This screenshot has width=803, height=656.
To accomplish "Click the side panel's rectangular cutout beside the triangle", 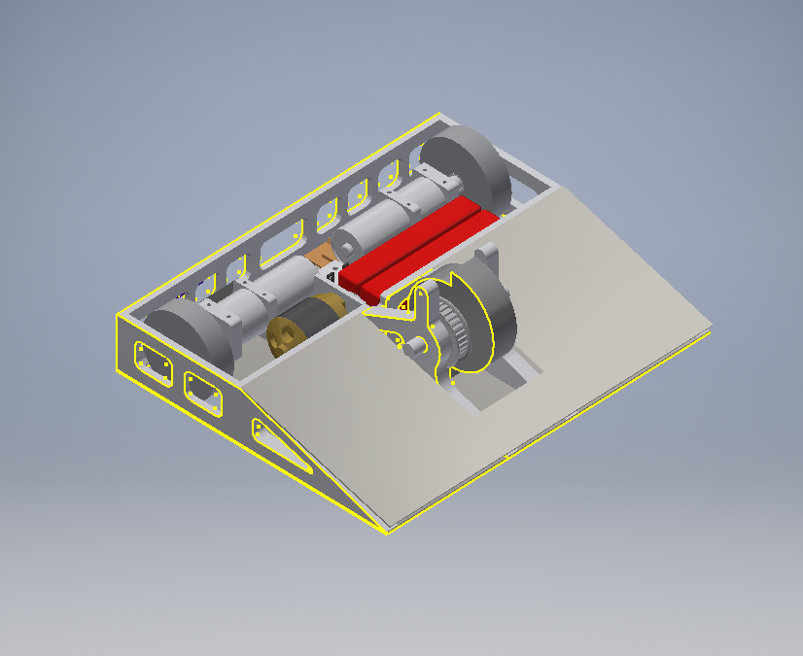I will pyautogui.click(x=204, y=391).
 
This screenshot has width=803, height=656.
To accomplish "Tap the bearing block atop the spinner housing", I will pyautogui.click(x=487, y=258).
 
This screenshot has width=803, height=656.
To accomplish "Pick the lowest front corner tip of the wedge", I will pyautogui.click(x=387, y=530).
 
